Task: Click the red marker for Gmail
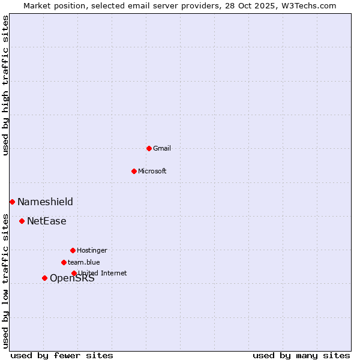point(149,148)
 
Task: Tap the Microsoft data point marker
point(134,171)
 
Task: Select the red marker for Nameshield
point(12,202)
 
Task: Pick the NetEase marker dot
point(22,221)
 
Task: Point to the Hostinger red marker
point(73,250)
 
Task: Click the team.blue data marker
point(64,262)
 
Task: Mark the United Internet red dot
point(74,273)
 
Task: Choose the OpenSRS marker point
point(44,278)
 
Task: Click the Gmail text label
point(162,148)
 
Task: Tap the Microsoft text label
point(152,171)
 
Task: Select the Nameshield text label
point(45,202)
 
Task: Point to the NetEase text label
point(47,221)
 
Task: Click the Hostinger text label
point(92,250)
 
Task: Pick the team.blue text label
point(84,262)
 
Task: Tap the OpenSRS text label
point(72,278)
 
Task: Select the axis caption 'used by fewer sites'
point(62,355)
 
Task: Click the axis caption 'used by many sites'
point(301,355)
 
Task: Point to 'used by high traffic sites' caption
point(5,86)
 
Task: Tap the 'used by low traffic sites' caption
point(5,281)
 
